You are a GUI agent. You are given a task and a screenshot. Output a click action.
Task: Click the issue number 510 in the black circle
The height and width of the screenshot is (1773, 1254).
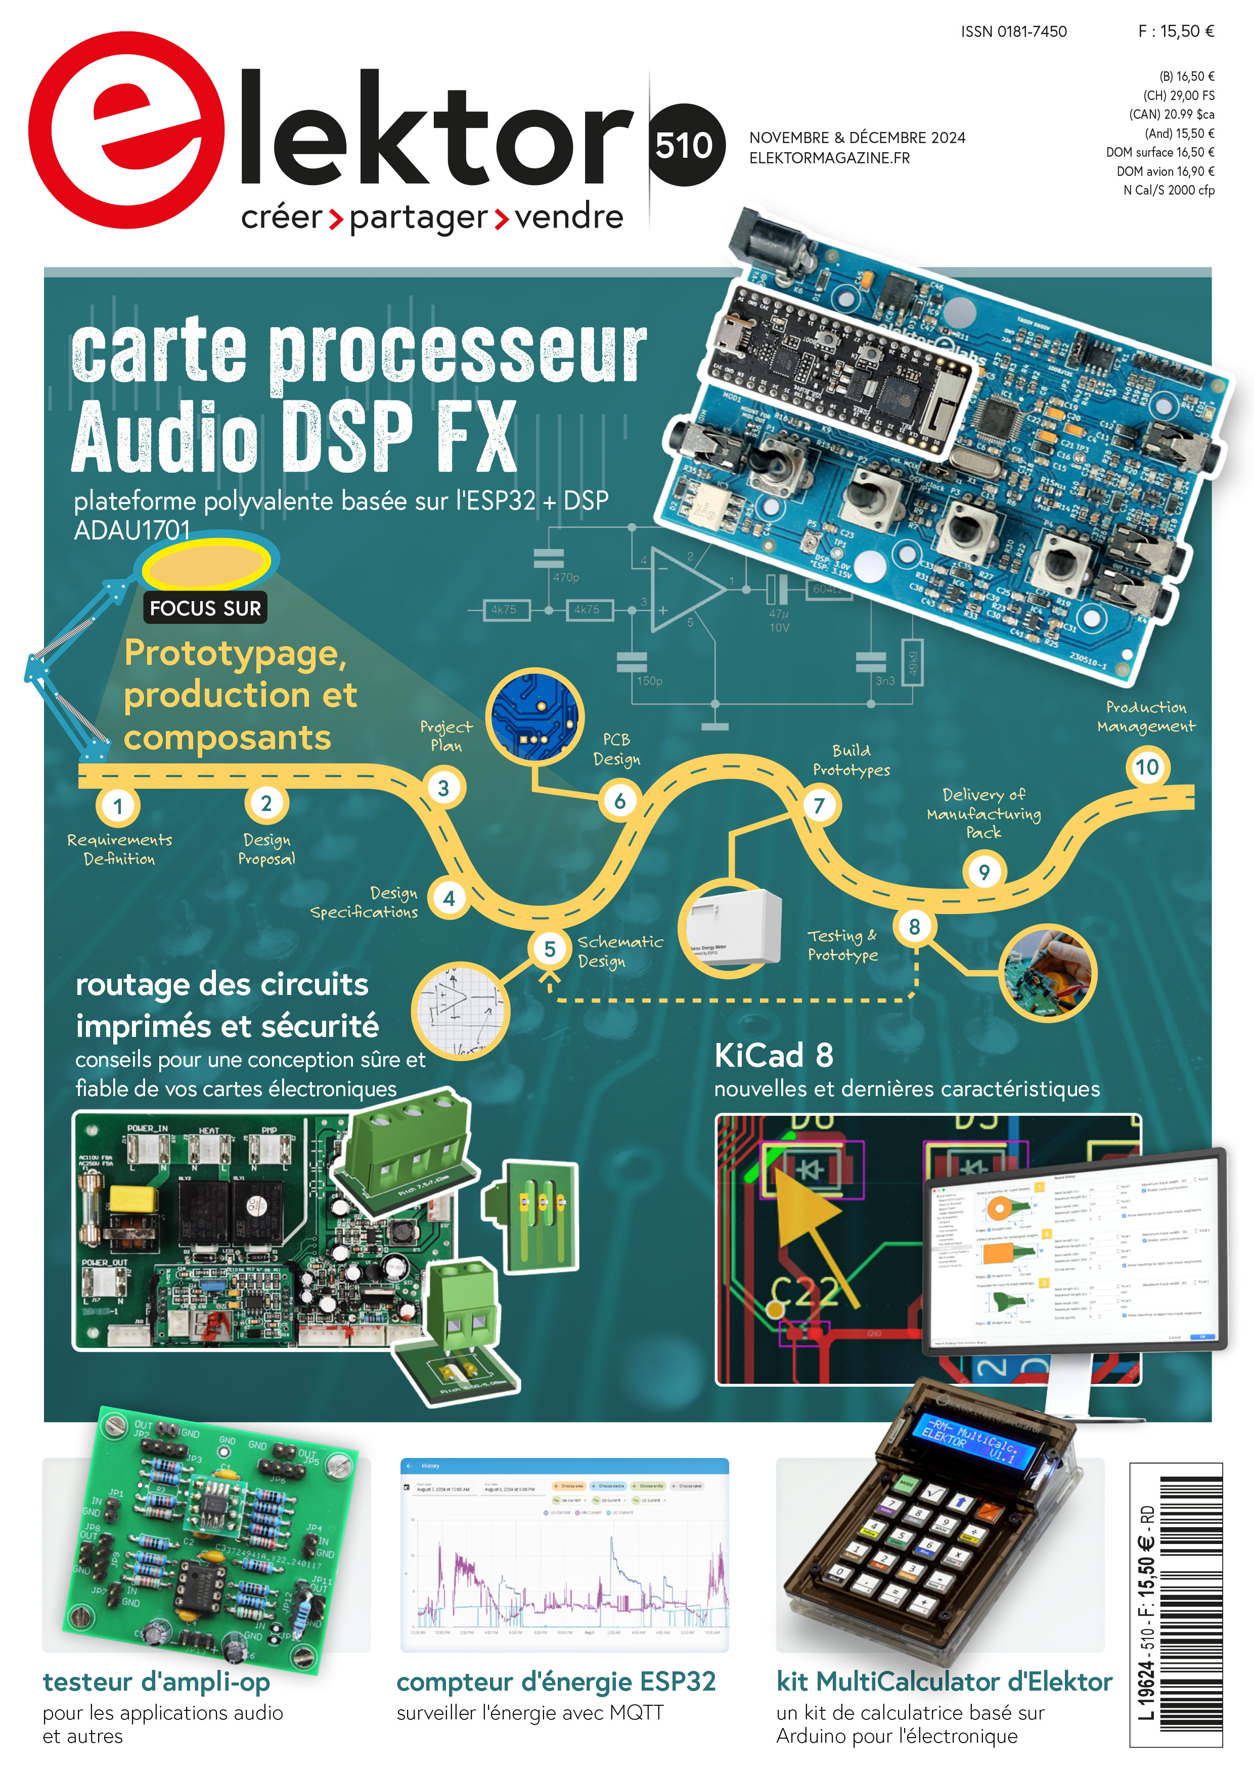click(x=684, y=145)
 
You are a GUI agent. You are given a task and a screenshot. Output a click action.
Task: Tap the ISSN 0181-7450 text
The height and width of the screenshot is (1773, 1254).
click(x=1013, y=32)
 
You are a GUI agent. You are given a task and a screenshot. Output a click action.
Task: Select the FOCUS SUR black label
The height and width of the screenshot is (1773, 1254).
click(x=205, y=609)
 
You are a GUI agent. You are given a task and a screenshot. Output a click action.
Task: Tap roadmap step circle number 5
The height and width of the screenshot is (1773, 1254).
click(x=550, y=949)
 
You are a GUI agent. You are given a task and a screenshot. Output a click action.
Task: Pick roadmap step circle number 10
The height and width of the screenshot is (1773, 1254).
click(x=1147, y=767)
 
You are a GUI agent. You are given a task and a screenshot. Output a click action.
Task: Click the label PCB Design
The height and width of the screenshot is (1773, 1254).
click(x=616, y=749)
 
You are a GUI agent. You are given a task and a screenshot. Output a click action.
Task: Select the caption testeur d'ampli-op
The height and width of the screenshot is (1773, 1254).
click(x=157, y=1682)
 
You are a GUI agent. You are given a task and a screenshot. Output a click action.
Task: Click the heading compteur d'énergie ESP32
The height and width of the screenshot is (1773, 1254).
click(x=556, y=1682)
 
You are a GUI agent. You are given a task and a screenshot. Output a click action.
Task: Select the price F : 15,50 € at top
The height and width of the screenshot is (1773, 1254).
click(x=1175, y=32)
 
